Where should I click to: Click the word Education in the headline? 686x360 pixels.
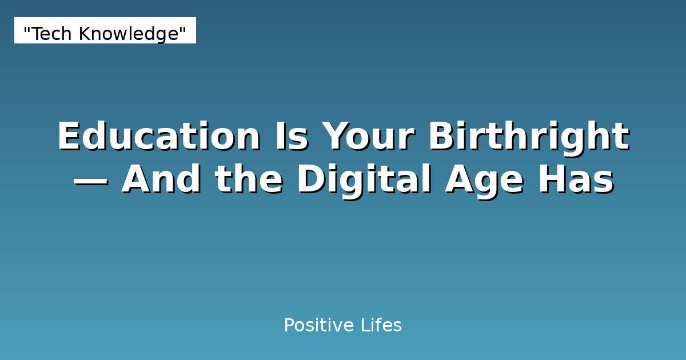pos(158,137)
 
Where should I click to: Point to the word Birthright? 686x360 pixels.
pos(528,137)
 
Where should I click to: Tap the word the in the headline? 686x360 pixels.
pos(249,180)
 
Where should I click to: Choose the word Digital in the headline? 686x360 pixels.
pos(364,180)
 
